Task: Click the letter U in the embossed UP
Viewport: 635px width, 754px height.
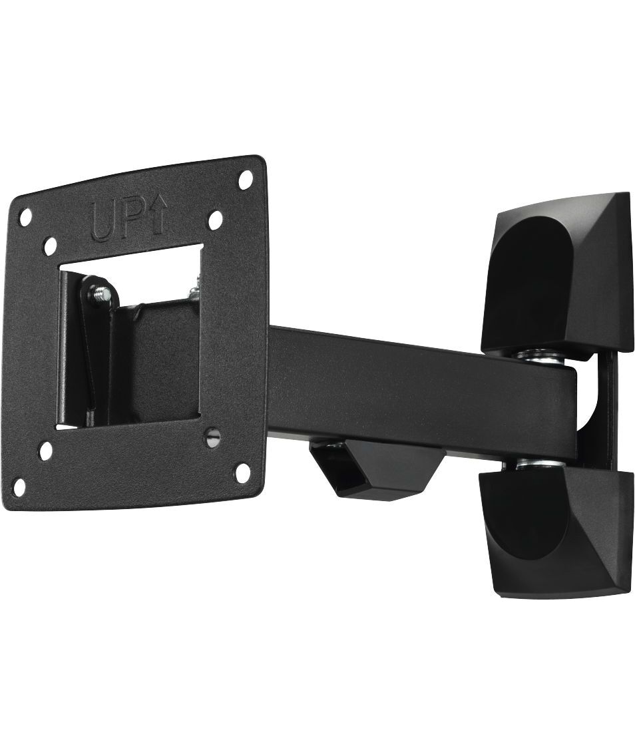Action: (x=103, y=222)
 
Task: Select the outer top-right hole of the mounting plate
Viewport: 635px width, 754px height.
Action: (x=246, y=178)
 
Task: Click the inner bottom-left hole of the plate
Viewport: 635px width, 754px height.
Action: (x=47, y=450)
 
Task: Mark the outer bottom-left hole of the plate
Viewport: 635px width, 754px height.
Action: (x=22, y=485)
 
